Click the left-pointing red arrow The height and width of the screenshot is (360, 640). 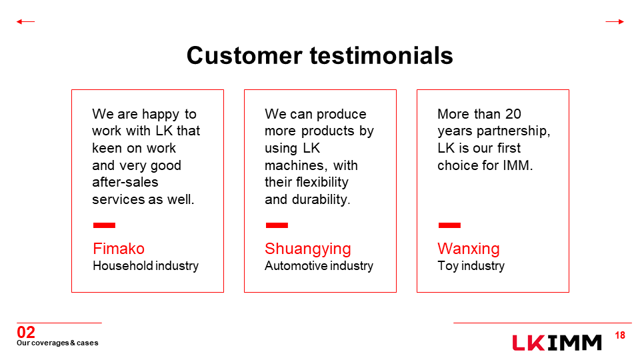point(25,21)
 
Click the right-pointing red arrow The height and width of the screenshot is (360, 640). point(615,21)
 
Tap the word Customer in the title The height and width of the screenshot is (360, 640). point(245,55)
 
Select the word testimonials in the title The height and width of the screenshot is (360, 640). point(381,55)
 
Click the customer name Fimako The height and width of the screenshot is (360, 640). point(119,249)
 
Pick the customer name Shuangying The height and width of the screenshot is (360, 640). point(308,249)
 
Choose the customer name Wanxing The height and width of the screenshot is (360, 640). point(469,249)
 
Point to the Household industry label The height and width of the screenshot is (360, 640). point(146,266)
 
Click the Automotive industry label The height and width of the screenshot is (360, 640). point(319,266)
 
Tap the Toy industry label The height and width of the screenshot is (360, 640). point(471,266)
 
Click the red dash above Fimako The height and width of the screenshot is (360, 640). point(104,225)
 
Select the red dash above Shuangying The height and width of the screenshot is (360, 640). point(277,225)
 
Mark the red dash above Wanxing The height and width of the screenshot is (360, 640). point(449,225)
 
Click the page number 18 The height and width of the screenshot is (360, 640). point(620,335)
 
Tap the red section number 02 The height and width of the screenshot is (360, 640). point(26,332)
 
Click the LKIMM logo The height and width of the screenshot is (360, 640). point(557,343)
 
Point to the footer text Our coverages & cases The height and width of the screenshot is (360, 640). point(57,343)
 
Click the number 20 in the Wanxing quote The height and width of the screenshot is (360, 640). point(513,114)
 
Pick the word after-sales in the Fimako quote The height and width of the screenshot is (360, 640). point(125,182)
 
